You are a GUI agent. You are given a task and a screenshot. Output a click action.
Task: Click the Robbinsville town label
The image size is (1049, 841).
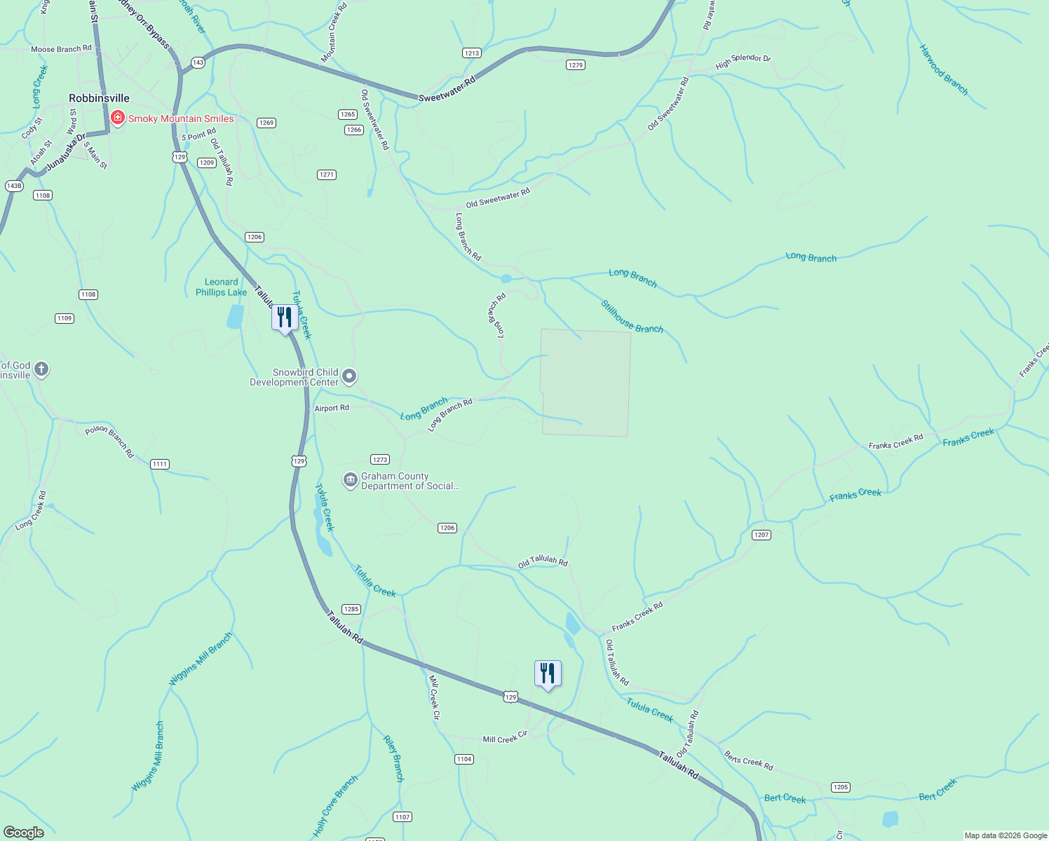(x=99, y=99)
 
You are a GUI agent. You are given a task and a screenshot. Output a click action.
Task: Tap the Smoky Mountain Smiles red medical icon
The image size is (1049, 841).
(x=118, y=118)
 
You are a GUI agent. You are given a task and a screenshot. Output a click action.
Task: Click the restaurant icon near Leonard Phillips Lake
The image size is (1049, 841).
(x=284, y=318)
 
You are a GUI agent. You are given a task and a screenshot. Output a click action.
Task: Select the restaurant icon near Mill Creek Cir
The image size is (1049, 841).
(x=548, y=674)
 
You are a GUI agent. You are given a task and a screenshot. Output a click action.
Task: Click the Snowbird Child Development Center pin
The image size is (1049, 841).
(x=348, y=376)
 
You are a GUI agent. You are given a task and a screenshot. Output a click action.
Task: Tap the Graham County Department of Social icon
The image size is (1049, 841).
(x=350, y=481)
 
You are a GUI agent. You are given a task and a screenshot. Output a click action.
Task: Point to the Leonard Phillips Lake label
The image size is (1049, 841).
(x=221, y=287)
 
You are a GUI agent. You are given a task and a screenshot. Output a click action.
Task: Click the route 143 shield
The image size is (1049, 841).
(x=198, y=62)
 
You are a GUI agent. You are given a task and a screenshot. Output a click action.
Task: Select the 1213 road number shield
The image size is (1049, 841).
(x=472, y=53)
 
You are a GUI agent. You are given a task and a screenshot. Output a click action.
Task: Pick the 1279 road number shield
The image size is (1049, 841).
(x=575, y=65)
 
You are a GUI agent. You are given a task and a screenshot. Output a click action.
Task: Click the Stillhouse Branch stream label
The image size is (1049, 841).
(x=632, y=317)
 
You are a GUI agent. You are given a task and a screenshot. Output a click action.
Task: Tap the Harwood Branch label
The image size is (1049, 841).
(x=943, y=70)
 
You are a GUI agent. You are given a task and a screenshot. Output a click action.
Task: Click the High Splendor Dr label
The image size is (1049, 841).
(x=743, y=62)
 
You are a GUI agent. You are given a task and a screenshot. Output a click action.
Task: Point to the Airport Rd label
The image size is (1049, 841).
(x=332, y=408)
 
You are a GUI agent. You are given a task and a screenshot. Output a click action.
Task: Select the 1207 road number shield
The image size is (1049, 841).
(x=762, y=535)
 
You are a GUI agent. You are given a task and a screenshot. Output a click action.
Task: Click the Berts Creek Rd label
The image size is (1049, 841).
(x=748, y=760)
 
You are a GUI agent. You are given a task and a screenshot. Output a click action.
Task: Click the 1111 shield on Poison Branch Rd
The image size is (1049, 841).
(x=160, y=464)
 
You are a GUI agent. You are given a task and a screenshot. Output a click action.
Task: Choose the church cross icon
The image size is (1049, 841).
(x=41, y=369)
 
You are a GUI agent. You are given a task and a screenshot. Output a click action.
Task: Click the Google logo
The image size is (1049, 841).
(x=24, y=833)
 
